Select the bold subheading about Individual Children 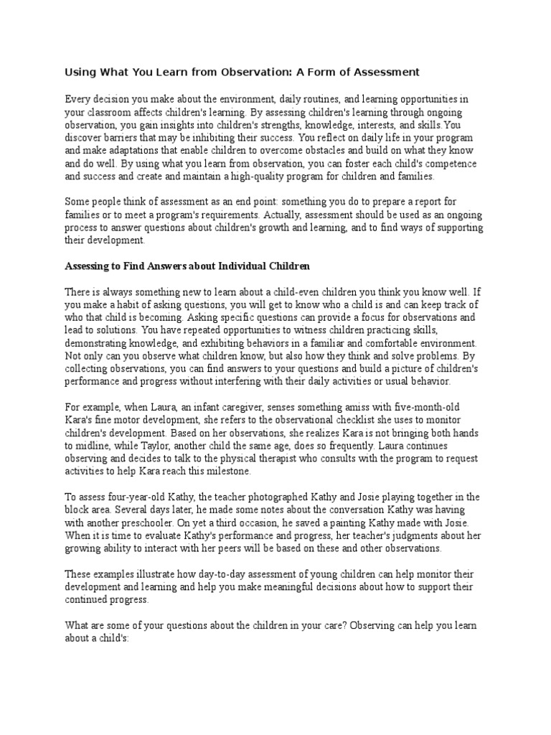187,266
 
